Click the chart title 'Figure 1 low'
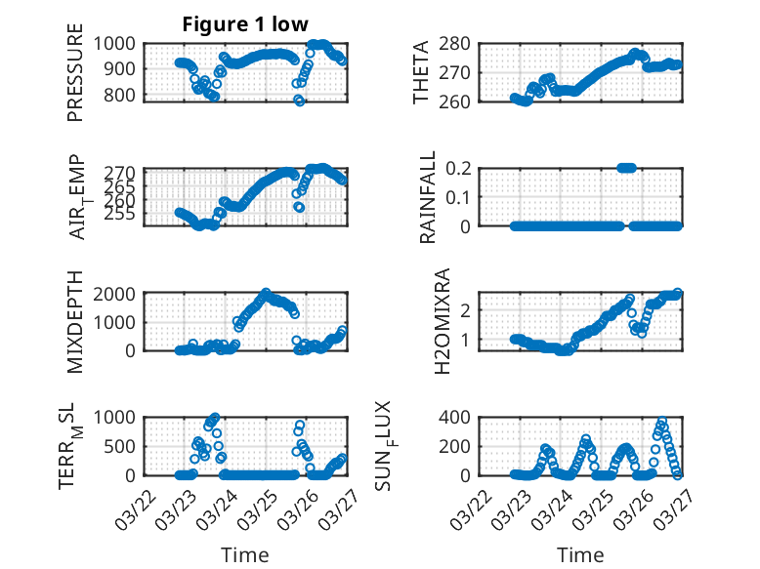tap(245, 24)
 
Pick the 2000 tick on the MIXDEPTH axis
tap(117, 293)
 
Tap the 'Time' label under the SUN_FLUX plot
tap(580, 555)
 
